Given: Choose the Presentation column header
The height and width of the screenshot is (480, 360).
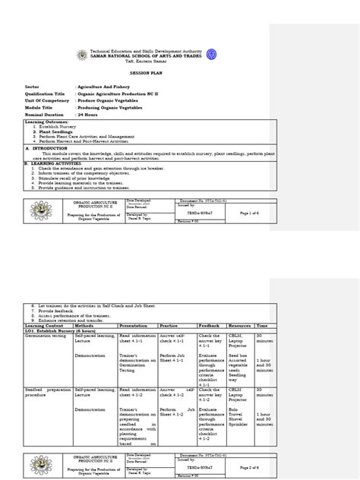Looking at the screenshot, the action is (x=135, y=324).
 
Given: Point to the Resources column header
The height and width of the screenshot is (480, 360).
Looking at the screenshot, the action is (x=240, y=324).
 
